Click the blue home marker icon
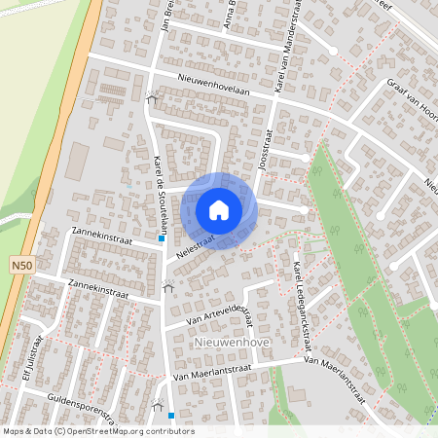pos(219,210)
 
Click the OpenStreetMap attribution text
pos(98,430)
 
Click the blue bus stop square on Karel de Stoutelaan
pos(162,238)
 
